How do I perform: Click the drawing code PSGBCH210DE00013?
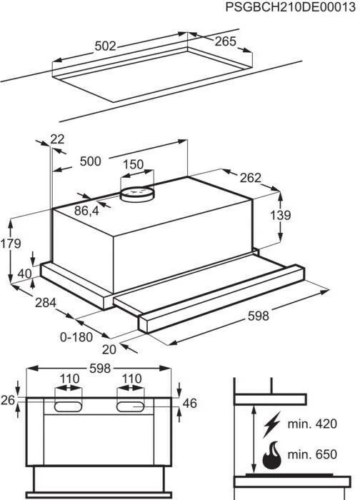(x=290, y=7)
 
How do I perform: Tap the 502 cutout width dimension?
(x=106, y=46)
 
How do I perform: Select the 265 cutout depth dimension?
(x=225, y=41)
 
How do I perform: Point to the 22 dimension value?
(x=57, y=139)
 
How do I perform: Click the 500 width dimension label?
(x=90, y=161)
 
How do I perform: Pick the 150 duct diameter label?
(x=134, y=164)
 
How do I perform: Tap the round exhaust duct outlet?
(x=137, y=194)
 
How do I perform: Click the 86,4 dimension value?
(x=86, y=211)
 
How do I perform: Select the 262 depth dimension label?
(x=250, y=178)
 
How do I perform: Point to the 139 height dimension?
(x=281, y=215)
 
